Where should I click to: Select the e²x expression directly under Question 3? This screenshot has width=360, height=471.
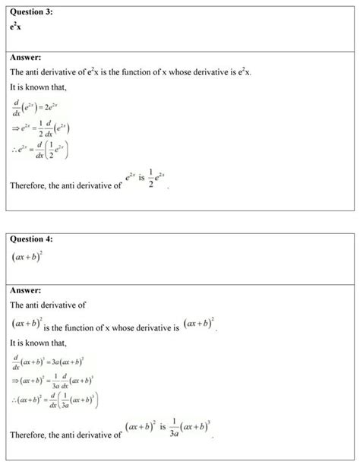15,27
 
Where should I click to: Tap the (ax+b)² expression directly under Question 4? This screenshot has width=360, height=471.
28,261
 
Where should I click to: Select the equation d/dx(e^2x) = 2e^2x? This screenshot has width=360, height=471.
39,105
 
